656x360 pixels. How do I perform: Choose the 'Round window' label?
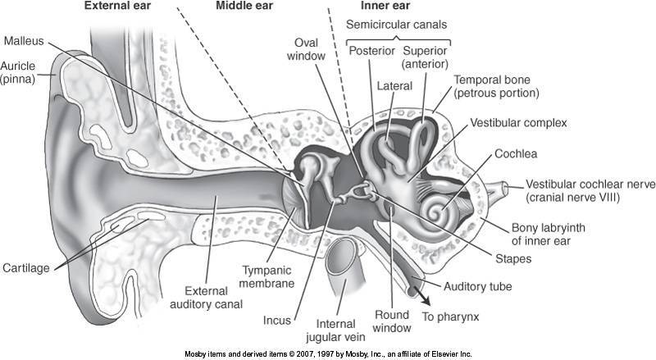click(x=392, y=321)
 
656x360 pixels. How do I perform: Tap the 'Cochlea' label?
click(x=515, y=154)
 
